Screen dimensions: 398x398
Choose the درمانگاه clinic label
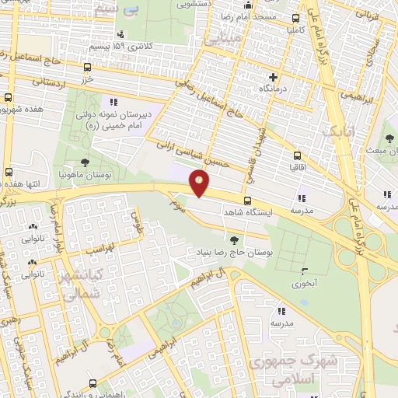pyautogui.click(x=274, y=89)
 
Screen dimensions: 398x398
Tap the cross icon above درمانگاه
pyautogui.click(x=273, y=77)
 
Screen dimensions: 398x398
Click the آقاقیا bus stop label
pyautogui.click(x=298, y=166)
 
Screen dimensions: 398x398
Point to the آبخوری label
pyautogui.click(x=303, y=284)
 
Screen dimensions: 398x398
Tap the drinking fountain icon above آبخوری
pyautogui.click(x=305, y=271)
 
